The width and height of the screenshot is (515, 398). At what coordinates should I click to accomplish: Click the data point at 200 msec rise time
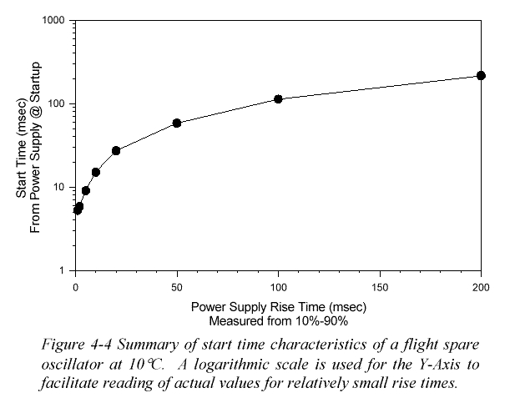point(481,76)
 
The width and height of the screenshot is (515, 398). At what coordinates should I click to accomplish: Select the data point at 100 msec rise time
point(278,98)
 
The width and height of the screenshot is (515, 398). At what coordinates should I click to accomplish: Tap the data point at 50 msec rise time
point(177,123)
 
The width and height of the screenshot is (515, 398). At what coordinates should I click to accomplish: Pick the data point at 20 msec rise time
point(116,150)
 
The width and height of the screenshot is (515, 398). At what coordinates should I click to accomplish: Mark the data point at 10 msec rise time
point(96,172)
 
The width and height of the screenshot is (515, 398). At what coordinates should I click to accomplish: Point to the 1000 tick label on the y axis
point(54,21)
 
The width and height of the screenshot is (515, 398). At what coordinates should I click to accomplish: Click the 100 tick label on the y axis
point(58,104)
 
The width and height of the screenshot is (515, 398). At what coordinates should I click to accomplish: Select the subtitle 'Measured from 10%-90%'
point(278,319)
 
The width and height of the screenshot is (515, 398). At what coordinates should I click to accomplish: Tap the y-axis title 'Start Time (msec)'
point(23,146)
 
